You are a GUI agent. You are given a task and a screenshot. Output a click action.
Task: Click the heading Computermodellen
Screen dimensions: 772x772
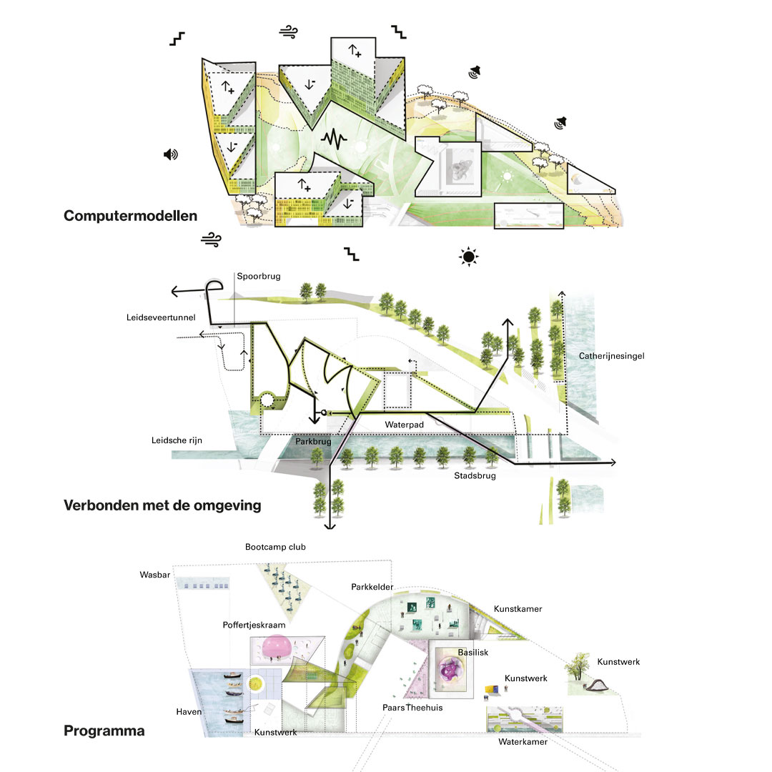coord(130,215)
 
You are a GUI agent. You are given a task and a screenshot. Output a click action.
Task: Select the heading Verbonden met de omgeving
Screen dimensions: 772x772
coord(162,505)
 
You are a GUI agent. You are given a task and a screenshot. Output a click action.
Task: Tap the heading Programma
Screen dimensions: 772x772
coord(104,731)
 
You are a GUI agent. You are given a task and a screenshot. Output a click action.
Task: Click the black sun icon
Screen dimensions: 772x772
coord(468,256)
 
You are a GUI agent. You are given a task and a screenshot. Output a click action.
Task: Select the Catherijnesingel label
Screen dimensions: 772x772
coord(613,355)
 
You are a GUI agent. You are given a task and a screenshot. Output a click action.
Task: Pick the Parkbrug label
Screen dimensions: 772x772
coord(313,442)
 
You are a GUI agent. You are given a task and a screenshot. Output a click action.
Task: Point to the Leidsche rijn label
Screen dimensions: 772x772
coord(177,440)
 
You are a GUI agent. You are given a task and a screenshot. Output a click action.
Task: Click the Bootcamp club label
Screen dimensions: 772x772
coord(274,546)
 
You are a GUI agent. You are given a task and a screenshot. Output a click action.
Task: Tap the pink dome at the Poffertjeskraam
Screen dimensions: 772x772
coord(274,647)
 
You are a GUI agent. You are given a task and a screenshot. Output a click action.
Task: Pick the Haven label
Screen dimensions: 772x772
coord(189,712)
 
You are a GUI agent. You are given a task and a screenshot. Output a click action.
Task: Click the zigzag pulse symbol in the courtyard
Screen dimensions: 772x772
coord(332,139)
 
